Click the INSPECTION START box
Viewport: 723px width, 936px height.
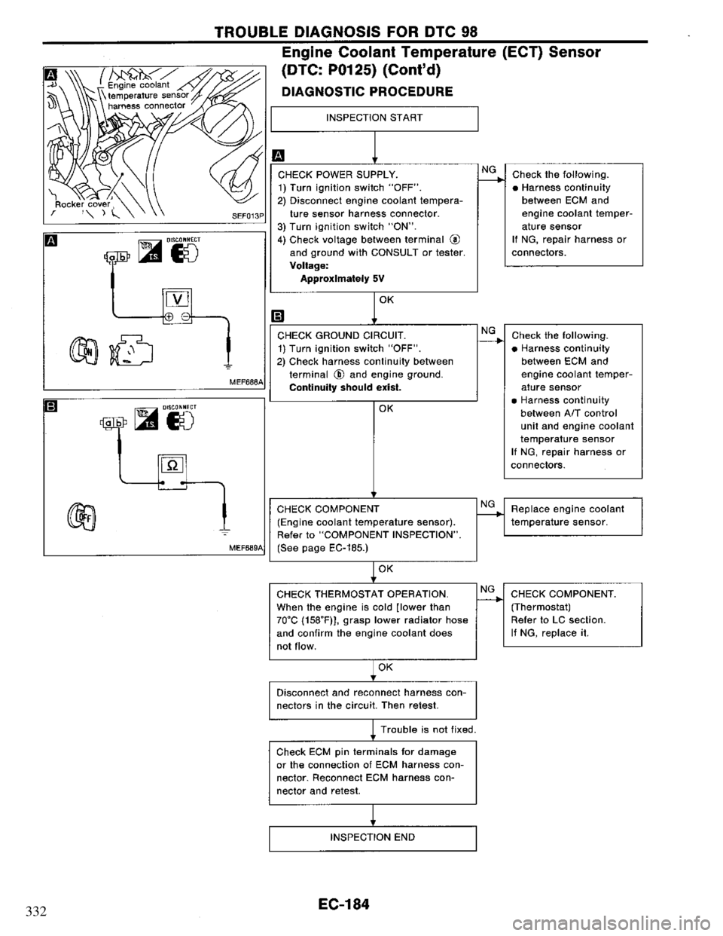[374, 118]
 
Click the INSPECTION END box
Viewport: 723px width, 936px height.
[374, 837]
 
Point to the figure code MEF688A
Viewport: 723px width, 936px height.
[244, 384]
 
